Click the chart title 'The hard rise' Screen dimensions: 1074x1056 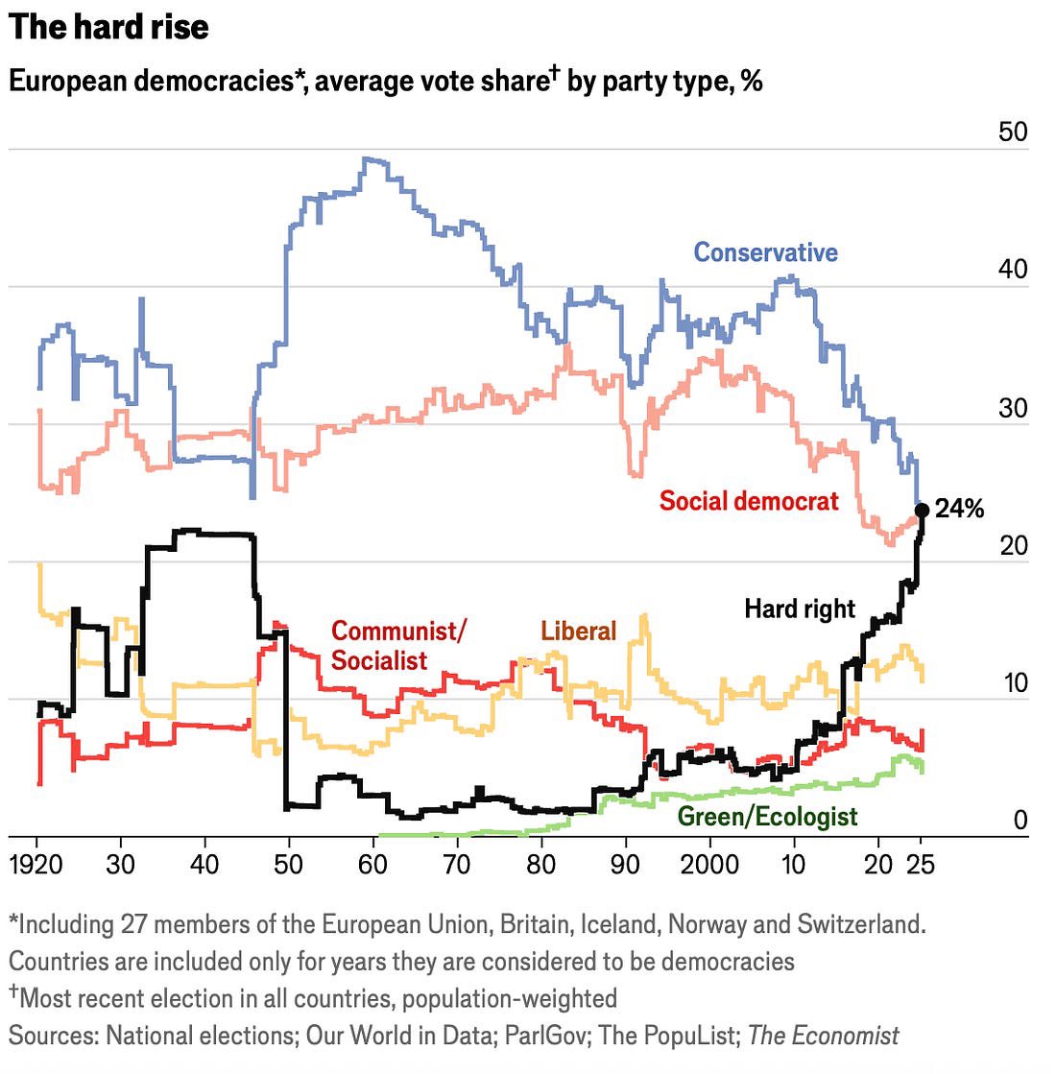click(108, 27)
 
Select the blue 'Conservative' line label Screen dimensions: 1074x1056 click(765, 252)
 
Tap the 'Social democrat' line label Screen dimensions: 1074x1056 click(749, 500)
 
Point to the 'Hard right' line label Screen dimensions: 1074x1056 click(799, 609)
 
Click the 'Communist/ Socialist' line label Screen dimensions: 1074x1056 click(397, 645)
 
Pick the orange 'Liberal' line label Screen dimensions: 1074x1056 click(578, 631)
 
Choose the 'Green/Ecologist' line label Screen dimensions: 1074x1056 click(767, 816)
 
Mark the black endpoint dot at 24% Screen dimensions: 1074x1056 click(922, 510)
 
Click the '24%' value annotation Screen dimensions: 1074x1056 click(959, 509)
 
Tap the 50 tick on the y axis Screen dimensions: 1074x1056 click(1012, 131)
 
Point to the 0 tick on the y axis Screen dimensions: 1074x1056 click(1020, 820)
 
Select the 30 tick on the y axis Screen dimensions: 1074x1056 click(1012, 407)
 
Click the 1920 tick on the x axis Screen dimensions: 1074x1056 click(36, 864)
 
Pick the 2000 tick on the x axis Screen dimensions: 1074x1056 click(708, 864)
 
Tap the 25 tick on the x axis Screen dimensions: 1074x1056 click(920, 864)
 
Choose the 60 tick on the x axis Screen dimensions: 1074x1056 click(372, 864)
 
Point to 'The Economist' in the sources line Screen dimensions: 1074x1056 click(823, 1036)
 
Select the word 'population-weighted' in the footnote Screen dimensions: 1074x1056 click(509, 998)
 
